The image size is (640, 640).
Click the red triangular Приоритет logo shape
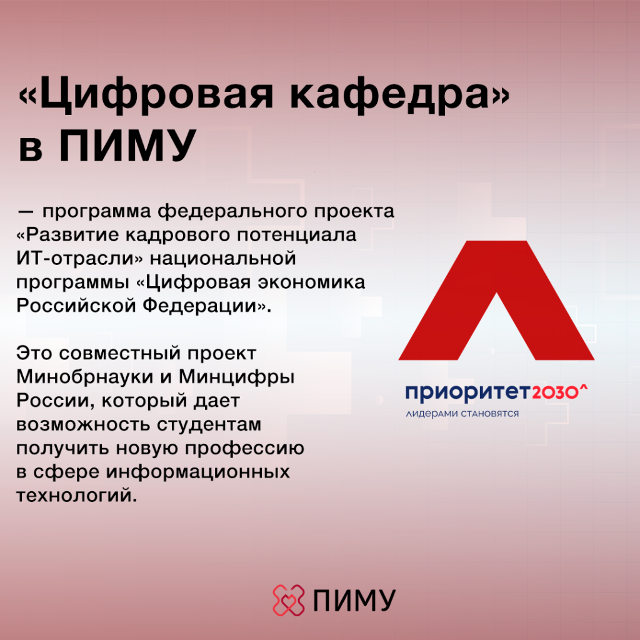coord(496,301)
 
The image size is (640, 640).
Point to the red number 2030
coord(555,392)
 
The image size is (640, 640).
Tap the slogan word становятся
coord(490,414)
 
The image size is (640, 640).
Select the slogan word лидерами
coord(432,414)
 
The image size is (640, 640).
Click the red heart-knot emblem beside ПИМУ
coord(289,600)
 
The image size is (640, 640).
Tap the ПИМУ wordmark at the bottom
coord(354,601)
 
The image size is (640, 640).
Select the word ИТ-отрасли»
coord(80,259)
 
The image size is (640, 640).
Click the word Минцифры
coord(237,377)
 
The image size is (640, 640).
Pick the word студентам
coord(209,425)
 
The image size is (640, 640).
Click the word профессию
coord(244,449)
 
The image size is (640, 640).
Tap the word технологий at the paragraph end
coord(75,496)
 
